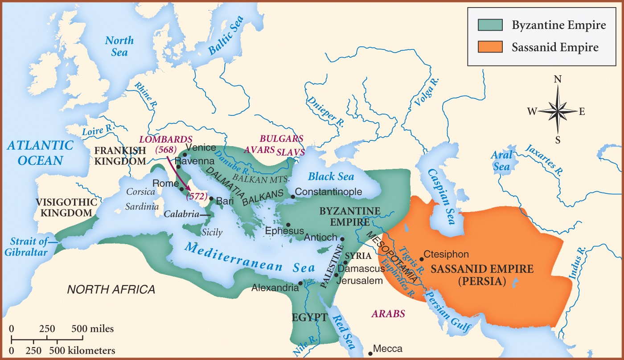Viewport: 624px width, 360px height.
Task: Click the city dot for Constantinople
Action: pyautogui.click(x=293, y=196)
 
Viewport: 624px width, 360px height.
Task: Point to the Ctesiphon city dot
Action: pyautogui.click(x=422, y=259)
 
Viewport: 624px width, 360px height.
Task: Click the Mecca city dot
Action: pyautogui.click(x=370, y=354)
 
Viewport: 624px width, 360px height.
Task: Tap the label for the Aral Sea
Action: pyautogui.click(x=501, y=161)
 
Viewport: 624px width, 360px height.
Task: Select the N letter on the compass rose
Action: pyautogui.click(x=557, y=79)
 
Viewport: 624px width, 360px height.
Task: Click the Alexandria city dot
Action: pyautogui.click(x=300, y=283)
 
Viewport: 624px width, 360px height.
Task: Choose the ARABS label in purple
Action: pyautogui.click(x=388, y=314)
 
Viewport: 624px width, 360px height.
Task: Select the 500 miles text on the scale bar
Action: pyautogui.click(x=93, y=329)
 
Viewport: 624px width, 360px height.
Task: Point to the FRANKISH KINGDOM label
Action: pyautogui.click(x=120, y=155)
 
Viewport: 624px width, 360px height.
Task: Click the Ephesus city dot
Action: pyautogui.click(x=288, y=225)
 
